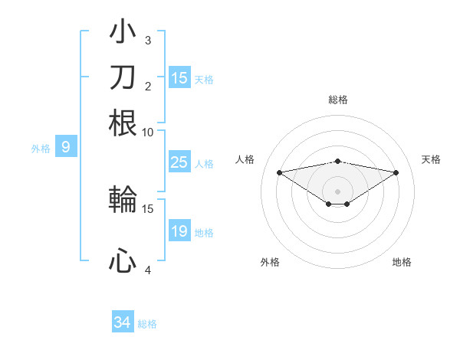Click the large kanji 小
(x=123, y=34)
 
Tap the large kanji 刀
(x=123, y=77)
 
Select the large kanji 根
(x=123, y=123)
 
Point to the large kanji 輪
(x=123, y=200)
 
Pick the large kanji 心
(x=123, y=260)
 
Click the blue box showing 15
(x=179, y=78)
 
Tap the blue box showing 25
(x=179, y=162)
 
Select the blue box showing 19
(x=179, y=231)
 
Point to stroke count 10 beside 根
(x=148, y=132)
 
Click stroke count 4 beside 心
(x=148, y=270)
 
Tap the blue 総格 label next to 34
(x=147, y=324)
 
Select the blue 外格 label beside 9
(x=41, y=149)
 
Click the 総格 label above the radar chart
(x=337, y=100)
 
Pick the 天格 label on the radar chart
(x=432, y=159)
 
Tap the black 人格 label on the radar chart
(x=245, y=159)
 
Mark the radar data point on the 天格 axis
(x=396, y=172)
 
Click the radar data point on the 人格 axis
(x=279, y=172)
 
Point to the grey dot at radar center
(x=338, y=191)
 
